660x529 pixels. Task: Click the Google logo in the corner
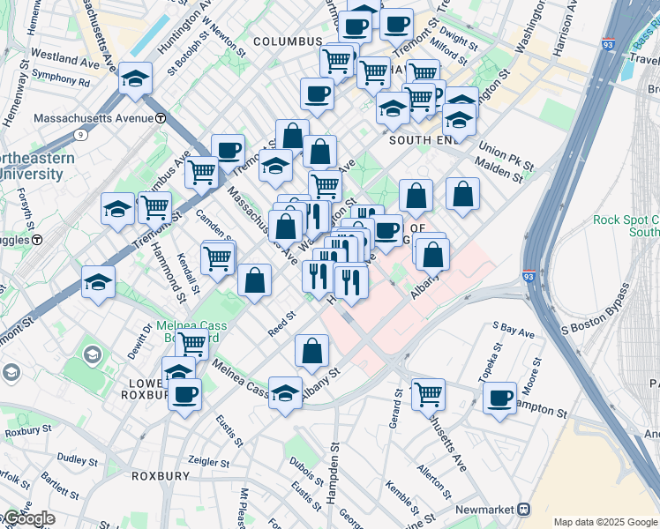[x=29, y=518]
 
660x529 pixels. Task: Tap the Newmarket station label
[x=485, y=510]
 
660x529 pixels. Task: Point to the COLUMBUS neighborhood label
[x=288, y=41]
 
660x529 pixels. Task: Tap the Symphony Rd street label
[x=61, y=81]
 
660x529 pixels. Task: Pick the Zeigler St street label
[x=208, y=461]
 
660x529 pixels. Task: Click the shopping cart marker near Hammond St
[x=154, y=208]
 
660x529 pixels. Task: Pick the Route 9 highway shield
[x=80, y=135]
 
